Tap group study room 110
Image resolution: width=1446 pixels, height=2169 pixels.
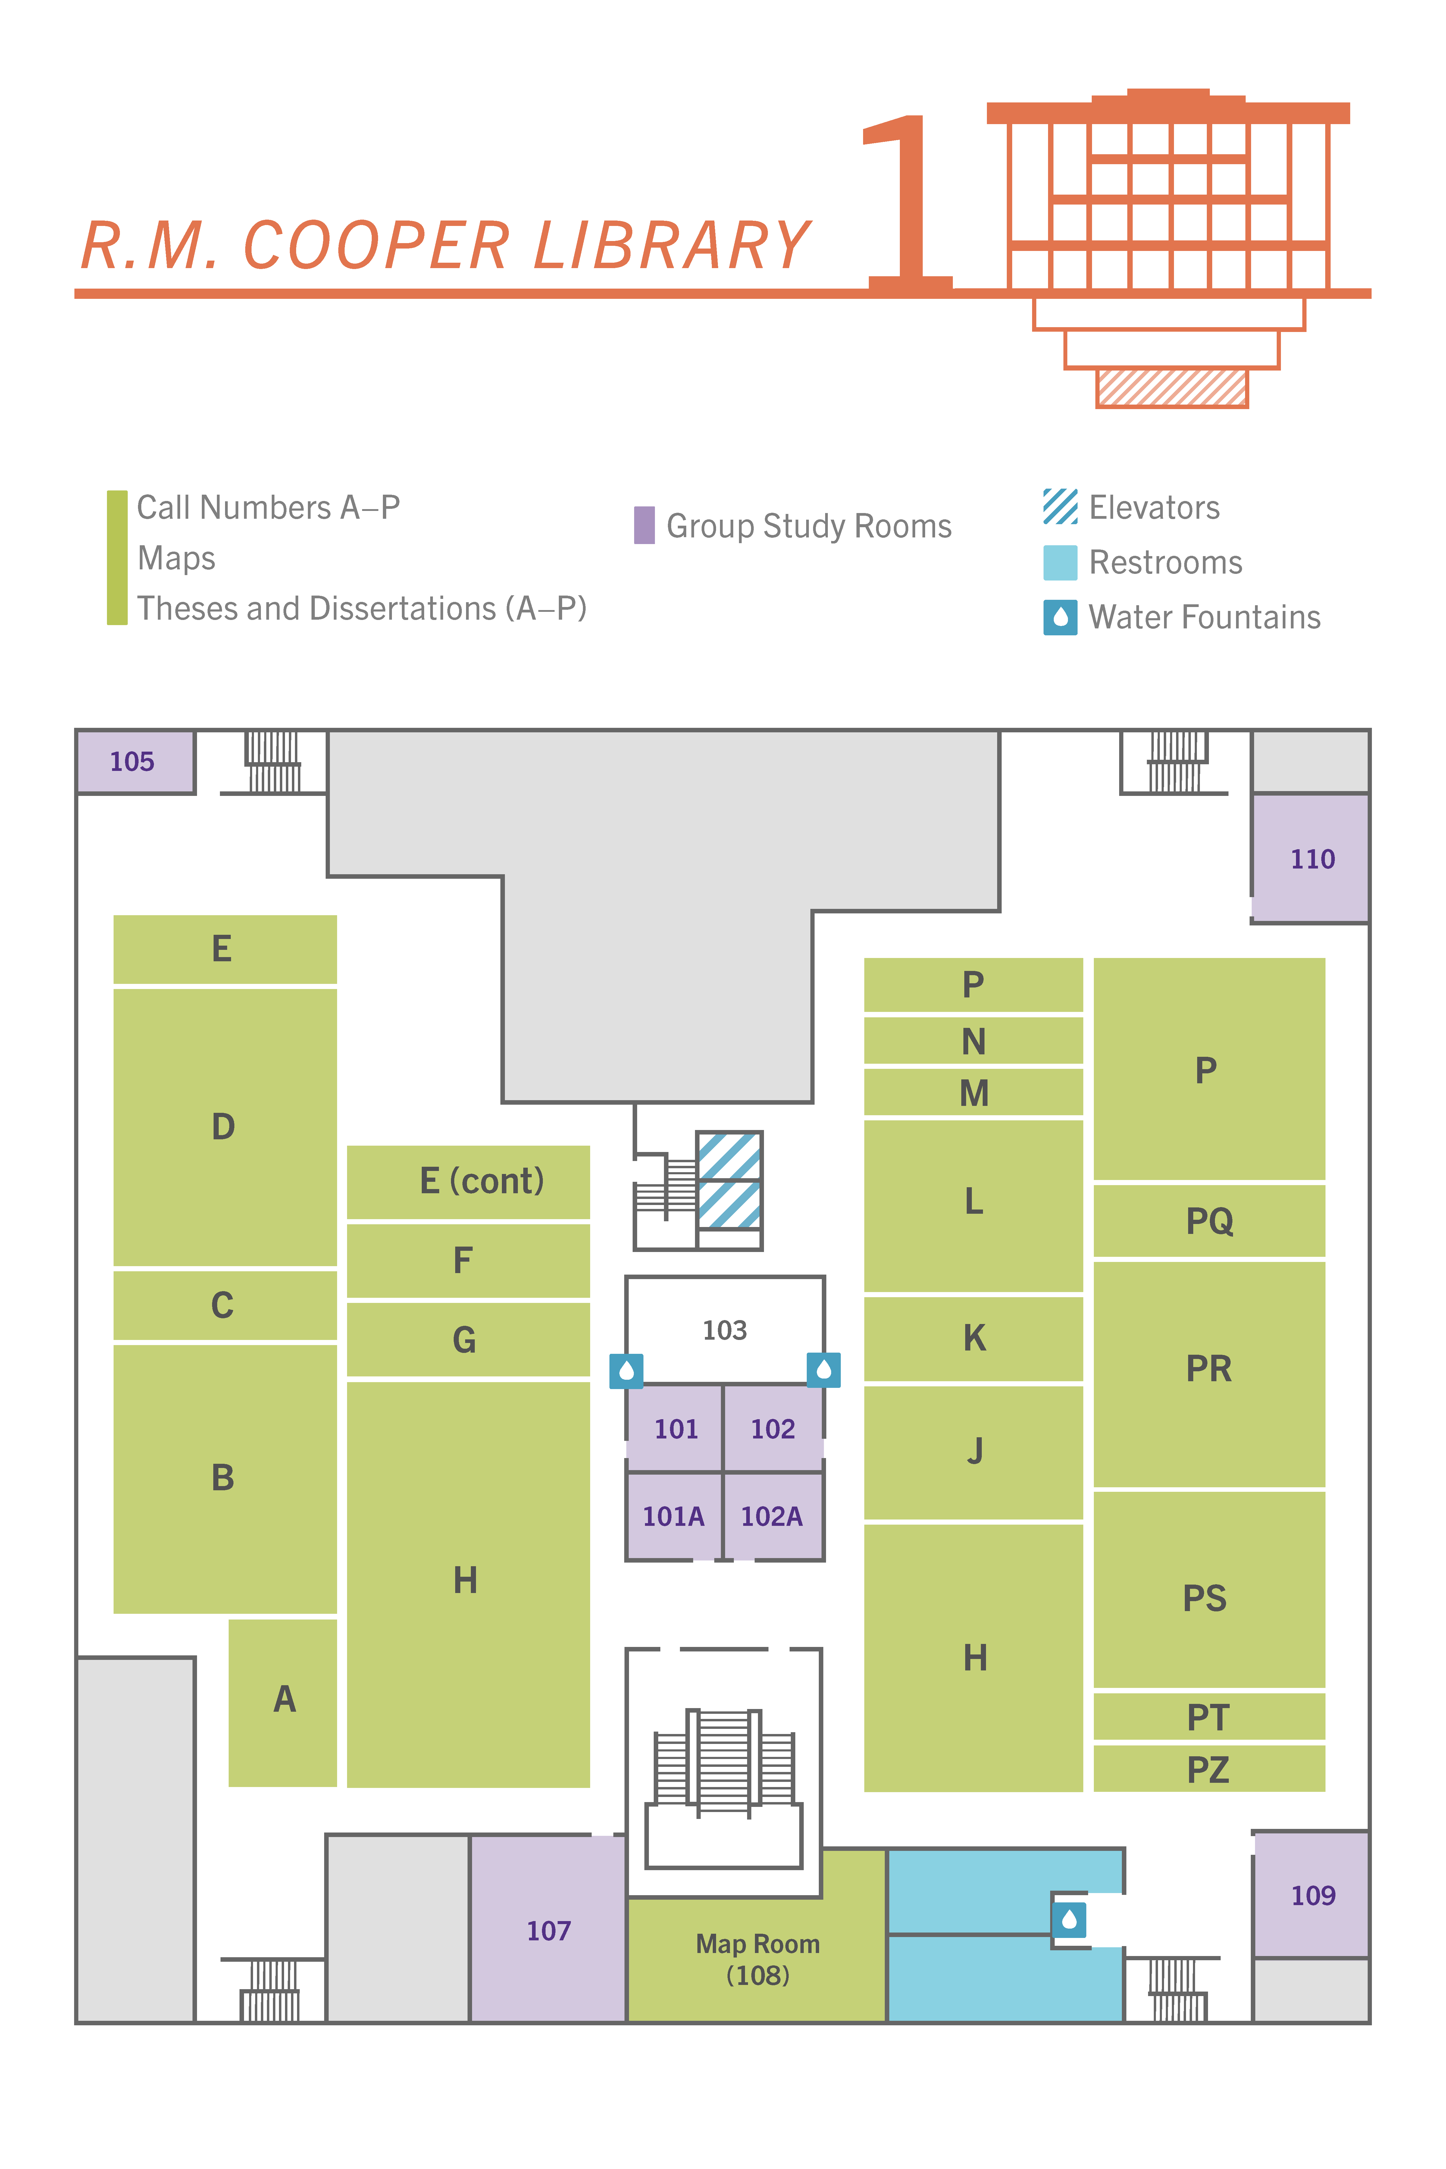pyautogui.click(x=1310, y=859)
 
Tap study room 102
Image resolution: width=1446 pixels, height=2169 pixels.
pyautogui.click(x=773, y=1429)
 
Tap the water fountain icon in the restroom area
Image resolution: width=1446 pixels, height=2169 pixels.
pyautogui.click(x=1069, y=1920)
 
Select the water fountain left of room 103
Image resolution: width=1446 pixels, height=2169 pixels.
pyautogui.click(x=626, y=1370)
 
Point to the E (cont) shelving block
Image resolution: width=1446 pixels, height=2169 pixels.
pyautogui.click(x=468, y=1181)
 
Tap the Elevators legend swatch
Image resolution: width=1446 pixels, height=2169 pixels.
pyautogui.click(x=1059, y=506)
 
